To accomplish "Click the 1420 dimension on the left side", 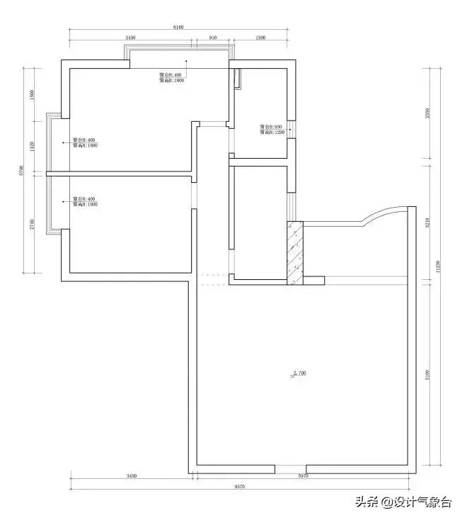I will tap(33, 145).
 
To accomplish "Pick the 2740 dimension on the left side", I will tap(33, 224).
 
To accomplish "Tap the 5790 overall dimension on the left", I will tap(23, 170).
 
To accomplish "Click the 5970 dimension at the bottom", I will tap(303, 477).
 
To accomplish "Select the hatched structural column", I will tap(295, 253).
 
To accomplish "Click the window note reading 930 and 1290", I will tap(271, 130).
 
